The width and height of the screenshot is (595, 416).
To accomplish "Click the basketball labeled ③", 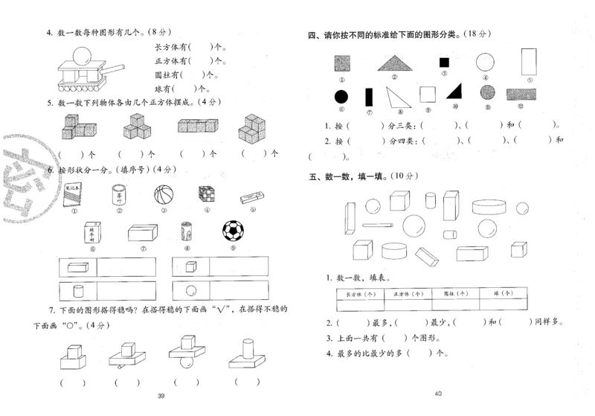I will pyautogui.click(x=163, y=195).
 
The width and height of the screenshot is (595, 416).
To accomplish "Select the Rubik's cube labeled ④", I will pyautogui.click(x=207, y=194).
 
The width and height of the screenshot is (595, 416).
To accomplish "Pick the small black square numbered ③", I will pyautogui.click(x=443, y=63).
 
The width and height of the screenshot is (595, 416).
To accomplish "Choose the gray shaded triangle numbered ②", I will pyautogui.click(x=394, y=63).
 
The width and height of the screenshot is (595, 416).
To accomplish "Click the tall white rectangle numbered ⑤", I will pyautogui.click(x=529, y=62).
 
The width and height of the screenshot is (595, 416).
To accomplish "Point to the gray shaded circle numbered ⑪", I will pyautogui.click(x=487, y=93).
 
